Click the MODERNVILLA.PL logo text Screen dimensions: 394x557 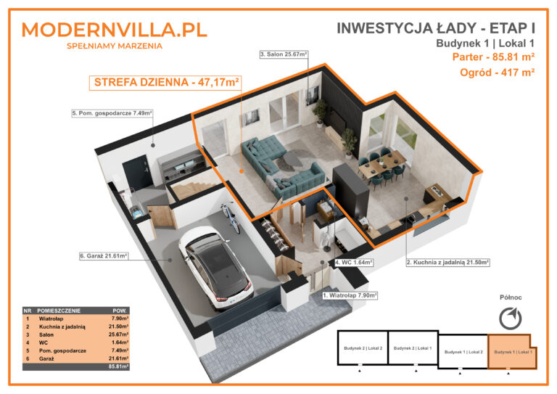[x=115, y=30]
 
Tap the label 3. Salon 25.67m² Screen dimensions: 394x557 [x=284, y=54]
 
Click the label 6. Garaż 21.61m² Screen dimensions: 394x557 [x=104, y=255]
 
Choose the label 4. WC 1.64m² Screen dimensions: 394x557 [x=353, y=262]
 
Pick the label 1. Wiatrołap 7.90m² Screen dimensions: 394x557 [x=350, y=295]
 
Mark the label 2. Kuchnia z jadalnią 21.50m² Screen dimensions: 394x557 [x=447, y=262]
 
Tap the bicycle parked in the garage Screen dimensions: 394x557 [x=230, y=216]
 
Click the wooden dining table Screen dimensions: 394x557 [x=386, y=161]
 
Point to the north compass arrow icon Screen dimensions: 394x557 [x=511, y=318]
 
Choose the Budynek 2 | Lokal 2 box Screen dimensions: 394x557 [x=363, y=348]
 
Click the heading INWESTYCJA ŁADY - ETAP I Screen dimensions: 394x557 [x=436, y=28]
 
